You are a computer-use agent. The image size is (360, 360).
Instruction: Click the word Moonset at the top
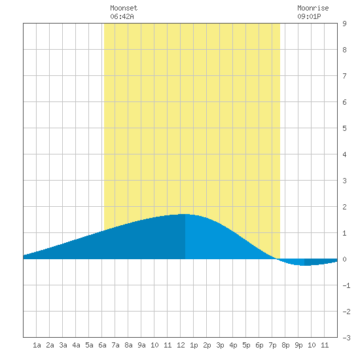click(x=124, y=8)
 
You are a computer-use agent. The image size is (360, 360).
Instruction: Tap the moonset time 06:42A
click(x=122, y=16)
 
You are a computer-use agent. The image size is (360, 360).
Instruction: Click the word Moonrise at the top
click(x=313, y=8)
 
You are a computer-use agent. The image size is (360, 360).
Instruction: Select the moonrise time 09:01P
click(x=309, y=16)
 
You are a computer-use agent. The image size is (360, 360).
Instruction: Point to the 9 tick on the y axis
click(x=344, y=24)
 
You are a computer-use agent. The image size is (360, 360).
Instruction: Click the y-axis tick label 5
click(x=344, y=128)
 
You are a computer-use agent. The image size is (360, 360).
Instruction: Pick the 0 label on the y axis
click(x=344, y=259)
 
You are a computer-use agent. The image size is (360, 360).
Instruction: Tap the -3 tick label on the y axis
click(x=346, y=338)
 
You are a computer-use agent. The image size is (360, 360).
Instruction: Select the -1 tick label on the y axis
click(x=346, y=285)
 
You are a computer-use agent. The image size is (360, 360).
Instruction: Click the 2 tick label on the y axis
click(x=344, y=207)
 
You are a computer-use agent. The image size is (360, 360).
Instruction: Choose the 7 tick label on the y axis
click(x=344, y=76)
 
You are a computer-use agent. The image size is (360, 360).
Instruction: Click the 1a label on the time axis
click(x=37, y=345)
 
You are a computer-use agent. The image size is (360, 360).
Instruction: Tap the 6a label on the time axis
click(x=102, y=345)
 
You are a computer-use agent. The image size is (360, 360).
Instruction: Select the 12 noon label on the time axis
click(x=181, y=345)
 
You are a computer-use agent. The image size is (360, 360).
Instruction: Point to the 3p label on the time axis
click(x=220, y=345)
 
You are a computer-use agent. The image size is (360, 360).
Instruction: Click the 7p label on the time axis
click(x=272, y=345)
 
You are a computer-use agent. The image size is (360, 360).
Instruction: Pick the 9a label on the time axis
click(x=141, y=345)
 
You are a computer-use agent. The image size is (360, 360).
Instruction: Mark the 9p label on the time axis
click(x=298, y=345)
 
